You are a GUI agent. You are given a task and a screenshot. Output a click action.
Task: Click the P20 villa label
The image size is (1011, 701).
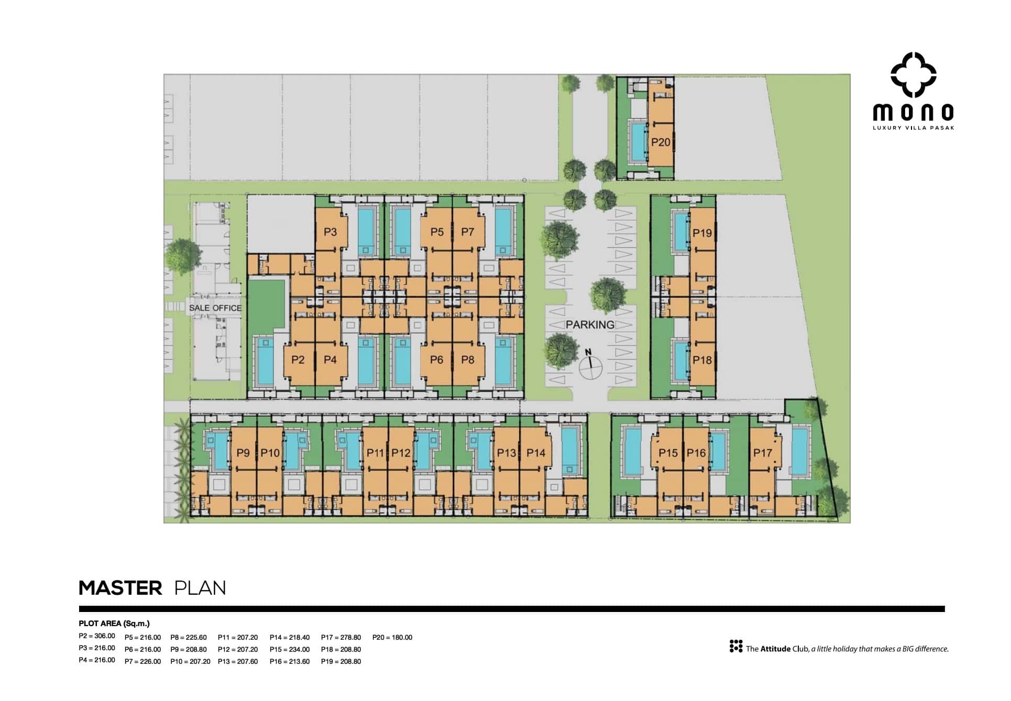(x=661, y=142)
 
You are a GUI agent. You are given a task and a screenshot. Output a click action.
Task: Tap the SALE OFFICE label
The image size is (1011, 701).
(x=215, y=308)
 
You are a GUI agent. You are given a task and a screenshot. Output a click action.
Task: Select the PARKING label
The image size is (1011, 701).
(x=590, y=325)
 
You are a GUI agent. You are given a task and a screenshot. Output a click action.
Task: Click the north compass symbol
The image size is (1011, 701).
(x=590, y=363)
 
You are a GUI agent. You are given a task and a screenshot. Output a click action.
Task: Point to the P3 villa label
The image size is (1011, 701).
(x=330, y=232)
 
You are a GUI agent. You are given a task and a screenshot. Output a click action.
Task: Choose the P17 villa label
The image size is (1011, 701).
(x=762, y=453)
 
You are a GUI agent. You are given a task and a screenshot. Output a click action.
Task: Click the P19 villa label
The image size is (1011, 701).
(x=702, y=233)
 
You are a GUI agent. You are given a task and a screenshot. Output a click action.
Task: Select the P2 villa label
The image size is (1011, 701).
(x=298, y=360)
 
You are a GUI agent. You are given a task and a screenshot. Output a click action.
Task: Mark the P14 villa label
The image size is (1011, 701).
(x=536, y=453)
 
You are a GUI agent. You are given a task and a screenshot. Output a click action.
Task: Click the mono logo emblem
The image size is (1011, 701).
(x=913, y=75)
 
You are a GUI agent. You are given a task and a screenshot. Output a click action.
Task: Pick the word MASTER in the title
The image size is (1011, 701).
(x=120, y=588)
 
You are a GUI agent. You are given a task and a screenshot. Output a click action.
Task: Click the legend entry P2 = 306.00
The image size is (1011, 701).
(x=97, y=636)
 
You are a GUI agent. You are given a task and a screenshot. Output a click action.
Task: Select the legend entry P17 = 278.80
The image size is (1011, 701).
(x=341, y=637)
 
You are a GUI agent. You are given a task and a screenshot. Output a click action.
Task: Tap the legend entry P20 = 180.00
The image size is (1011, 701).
(x=392, y=637)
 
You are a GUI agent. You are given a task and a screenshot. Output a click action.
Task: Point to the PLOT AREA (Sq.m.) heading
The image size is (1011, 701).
(x=114, y=623)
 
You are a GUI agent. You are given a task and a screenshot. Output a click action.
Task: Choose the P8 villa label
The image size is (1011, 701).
(x=468, y=360)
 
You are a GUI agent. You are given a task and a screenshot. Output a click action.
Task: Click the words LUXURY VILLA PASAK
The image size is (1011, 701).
(x=913, y=128)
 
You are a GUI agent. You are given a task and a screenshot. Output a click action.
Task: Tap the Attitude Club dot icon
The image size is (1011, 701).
(x=736, y=646)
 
